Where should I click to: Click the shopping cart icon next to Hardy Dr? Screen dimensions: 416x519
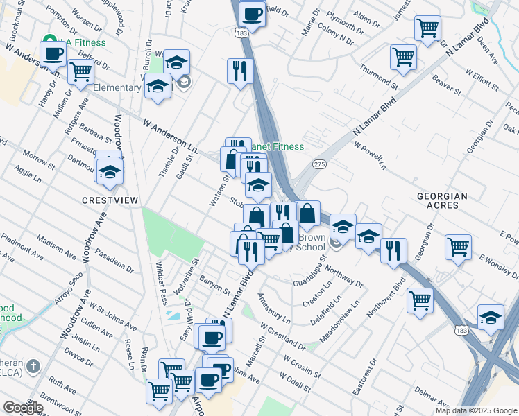pyautogui.click(x=81, y=70)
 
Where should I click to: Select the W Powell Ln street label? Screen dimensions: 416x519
pyautogui.click(x=369, y=156)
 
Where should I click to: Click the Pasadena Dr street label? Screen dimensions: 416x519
pyautogui.click(x=114, y=259)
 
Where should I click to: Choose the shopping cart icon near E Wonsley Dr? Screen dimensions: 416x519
pyautogui.click(x=458, y=246)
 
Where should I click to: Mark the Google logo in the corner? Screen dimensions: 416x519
pyautogui.click(x=23, y=408)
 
